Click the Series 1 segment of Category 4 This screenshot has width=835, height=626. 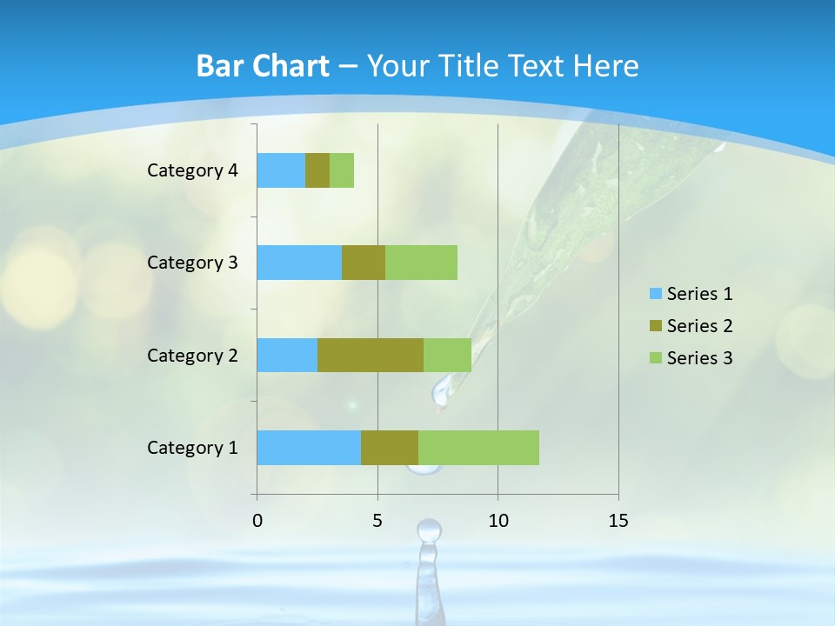tap(281, 170)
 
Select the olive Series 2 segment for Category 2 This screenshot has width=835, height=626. tap(371, 355)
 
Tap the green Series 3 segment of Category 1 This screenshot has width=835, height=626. tap(478, 448)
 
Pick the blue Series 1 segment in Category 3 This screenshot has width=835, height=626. tap(299, 263)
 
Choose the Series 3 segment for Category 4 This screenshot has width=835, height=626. tap(342, 170)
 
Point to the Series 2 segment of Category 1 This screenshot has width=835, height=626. tap(390, 448)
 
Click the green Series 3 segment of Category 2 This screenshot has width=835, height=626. tap(447, 355)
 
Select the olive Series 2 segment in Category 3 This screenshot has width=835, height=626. tap(364, 263)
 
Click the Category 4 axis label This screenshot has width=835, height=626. tap(192, 170)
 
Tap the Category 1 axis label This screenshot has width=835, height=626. tap(192, 448)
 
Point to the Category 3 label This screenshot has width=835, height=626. tap(192, 263)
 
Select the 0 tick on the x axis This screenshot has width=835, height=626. tap(257, 521)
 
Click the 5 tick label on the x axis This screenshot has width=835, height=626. tap(377, 521)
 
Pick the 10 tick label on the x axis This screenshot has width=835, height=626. tap(498, 521)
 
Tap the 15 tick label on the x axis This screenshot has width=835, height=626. tap(618, 521)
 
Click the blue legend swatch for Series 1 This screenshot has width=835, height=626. tap(655, 294)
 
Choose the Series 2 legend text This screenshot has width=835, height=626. tap(699, 326)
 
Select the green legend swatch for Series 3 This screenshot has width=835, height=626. tap(655, 358)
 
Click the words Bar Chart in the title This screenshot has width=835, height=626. tap(263, 66)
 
